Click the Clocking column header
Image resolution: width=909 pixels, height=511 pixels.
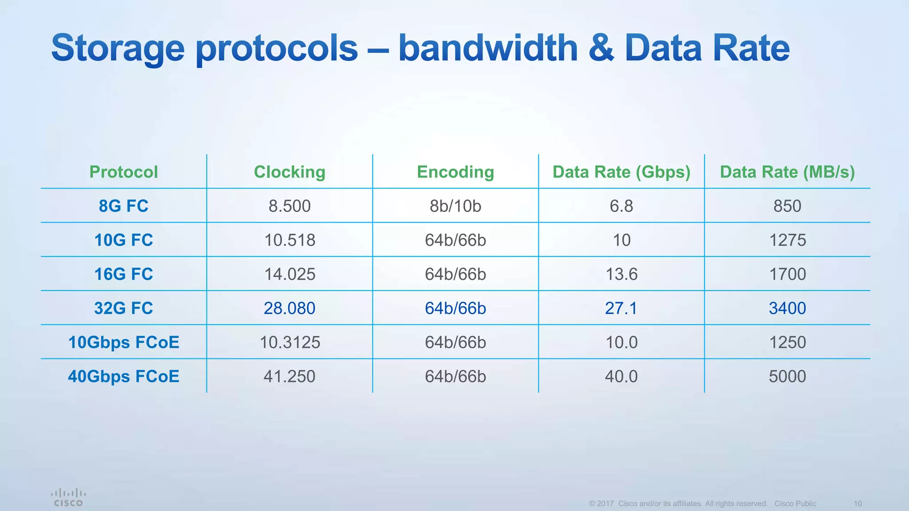tap(289, 172)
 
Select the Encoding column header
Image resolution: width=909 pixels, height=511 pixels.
tap(455, 172)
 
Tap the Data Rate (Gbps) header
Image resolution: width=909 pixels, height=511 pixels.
tap(621, 172)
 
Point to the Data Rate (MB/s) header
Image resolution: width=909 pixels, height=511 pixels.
tap(787, 172)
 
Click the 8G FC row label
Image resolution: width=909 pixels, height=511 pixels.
tap(123, 206)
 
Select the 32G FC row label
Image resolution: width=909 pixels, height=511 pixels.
tap(123, 308)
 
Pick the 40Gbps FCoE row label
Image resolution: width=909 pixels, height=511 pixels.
tap(123, 377)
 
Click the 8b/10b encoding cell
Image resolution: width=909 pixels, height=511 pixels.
tap(455, 206)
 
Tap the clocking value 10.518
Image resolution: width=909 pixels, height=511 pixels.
tap(289, 240)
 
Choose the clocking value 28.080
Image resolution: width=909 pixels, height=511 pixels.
tap(289, 308)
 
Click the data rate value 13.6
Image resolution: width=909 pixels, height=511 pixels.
tap(621, 275)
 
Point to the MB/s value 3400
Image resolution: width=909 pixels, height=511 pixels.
tap(787, 308)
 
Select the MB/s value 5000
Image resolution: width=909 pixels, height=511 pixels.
tap(787, 377)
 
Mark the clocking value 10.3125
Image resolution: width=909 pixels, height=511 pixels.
tap(289, 342)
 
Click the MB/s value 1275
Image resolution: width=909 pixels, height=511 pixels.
tap(787, 240)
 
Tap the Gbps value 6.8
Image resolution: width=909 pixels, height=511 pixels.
tap(621, 206)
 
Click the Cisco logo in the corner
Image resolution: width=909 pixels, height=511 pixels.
tap(68, 498)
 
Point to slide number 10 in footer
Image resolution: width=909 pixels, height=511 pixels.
tap(858, 504)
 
